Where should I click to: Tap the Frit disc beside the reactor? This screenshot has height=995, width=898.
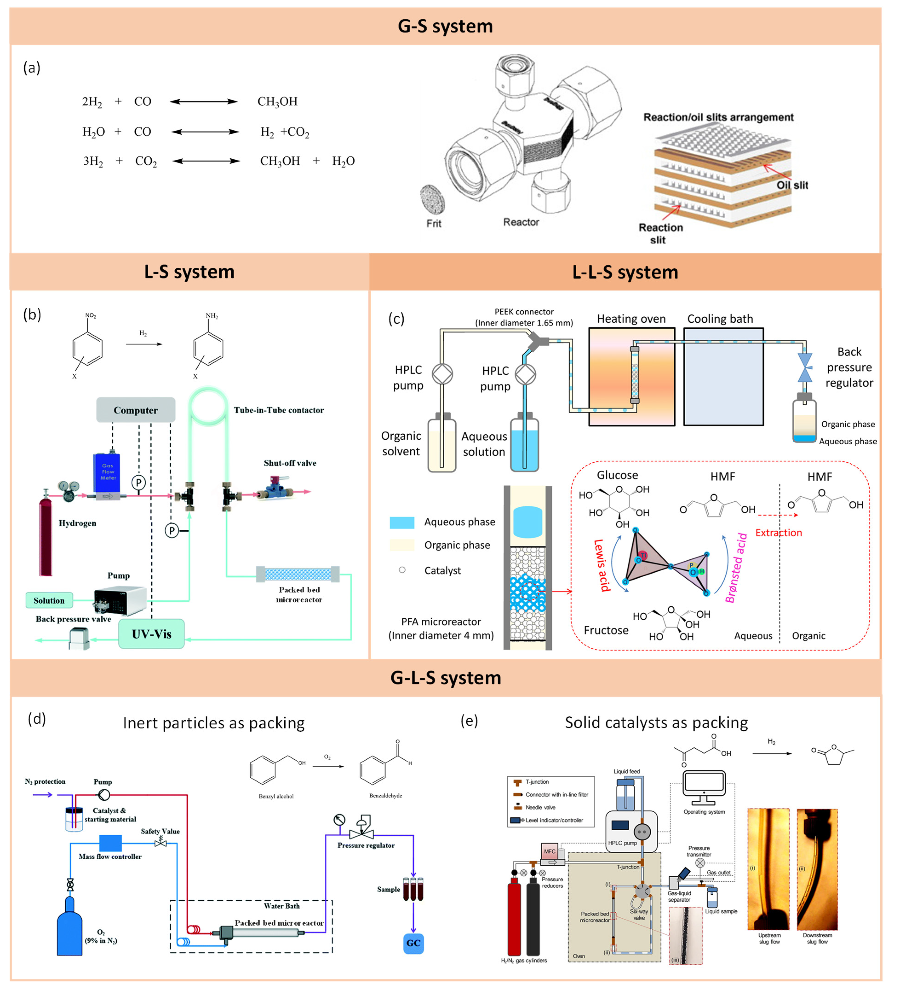tap(433, 199)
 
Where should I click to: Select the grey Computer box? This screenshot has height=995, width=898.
tap(136, 410)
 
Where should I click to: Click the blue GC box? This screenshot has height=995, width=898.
tap(413, 943)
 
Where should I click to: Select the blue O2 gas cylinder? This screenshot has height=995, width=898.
tap(70, 928)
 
